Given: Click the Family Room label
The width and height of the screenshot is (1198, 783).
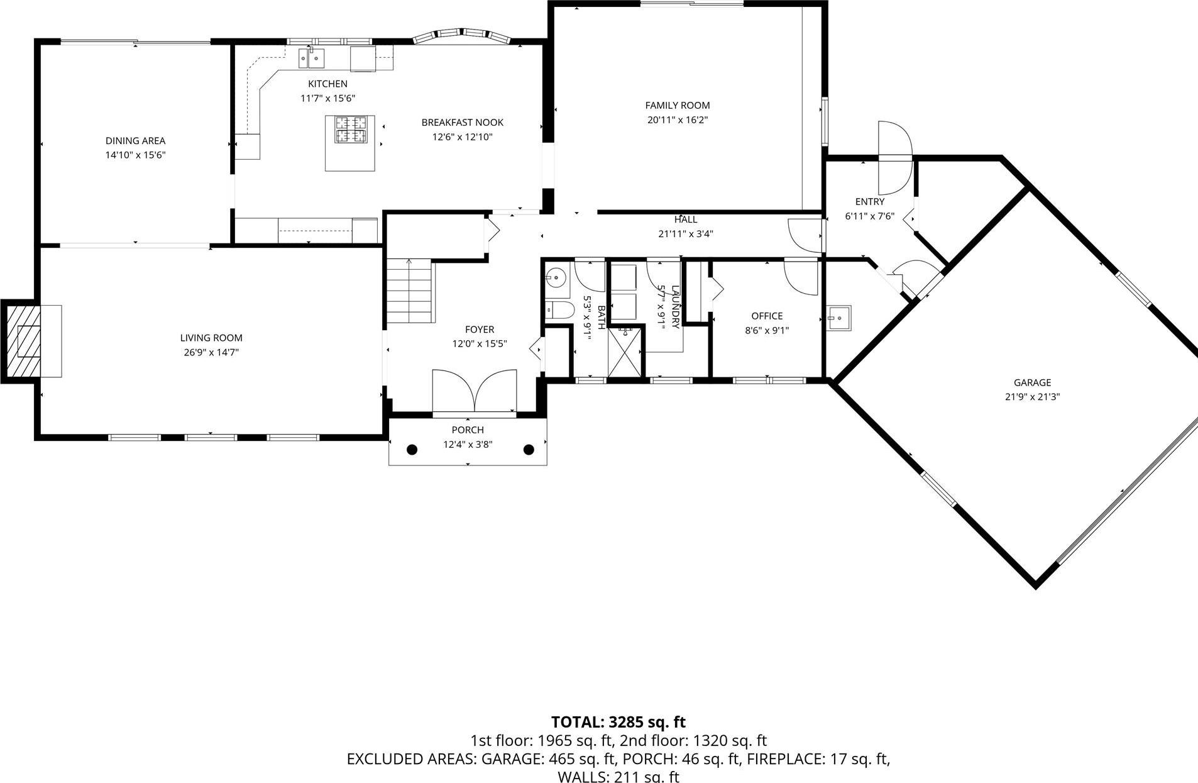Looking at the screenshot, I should coord(677,106).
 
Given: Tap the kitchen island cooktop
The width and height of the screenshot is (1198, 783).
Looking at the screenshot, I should coord(350,131).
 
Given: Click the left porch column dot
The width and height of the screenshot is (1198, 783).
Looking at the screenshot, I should coord(412,450).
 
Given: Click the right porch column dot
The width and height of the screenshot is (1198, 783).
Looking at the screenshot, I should coord(529,450).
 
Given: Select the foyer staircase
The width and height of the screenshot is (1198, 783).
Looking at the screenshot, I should coord(409,291).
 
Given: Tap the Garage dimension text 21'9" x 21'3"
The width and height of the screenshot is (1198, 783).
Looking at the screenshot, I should coord(1032,397).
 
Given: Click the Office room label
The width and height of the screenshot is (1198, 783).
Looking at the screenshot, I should coord(767,316).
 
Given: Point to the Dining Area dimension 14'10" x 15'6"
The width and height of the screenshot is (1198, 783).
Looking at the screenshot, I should coord(135,155).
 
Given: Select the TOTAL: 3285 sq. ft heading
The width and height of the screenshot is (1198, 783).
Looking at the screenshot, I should coord(618,722).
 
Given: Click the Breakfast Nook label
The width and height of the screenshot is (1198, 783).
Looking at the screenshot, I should coord(462,123).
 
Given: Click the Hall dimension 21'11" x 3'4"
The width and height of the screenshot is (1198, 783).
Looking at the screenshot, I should coord(685,234).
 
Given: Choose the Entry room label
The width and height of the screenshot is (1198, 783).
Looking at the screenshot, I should coord(869,202).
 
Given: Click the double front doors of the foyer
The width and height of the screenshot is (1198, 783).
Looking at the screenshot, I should coord(475,391).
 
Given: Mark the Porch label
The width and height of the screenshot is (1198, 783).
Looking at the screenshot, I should coord(468,430).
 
